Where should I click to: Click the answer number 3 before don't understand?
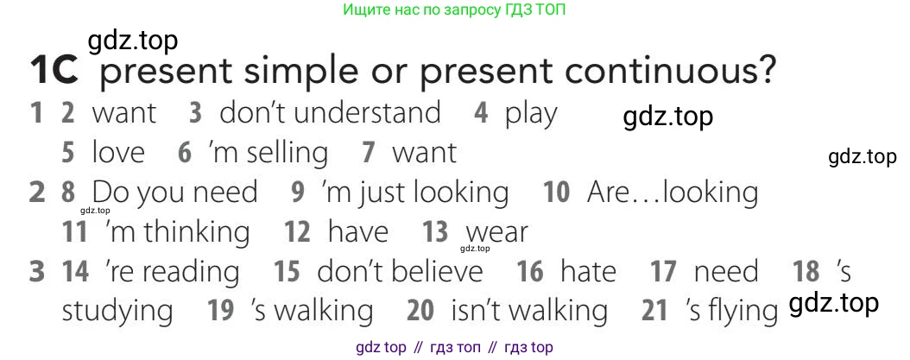coord(195,113)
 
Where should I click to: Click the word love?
coord(118,153)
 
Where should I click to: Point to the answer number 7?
coord(369,154)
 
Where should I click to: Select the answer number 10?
coord(556,193)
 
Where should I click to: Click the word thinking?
coord(196,232)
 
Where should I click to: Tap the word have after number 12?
coord(357,232)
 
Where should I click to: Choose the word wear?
coord(496,233)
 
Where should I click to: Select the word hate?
coord(588,272)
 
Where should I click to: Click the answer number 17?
coord(663,272)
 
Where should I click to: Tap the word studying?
coord(117,311)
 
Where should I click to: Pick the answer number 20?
coord(420,311)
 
